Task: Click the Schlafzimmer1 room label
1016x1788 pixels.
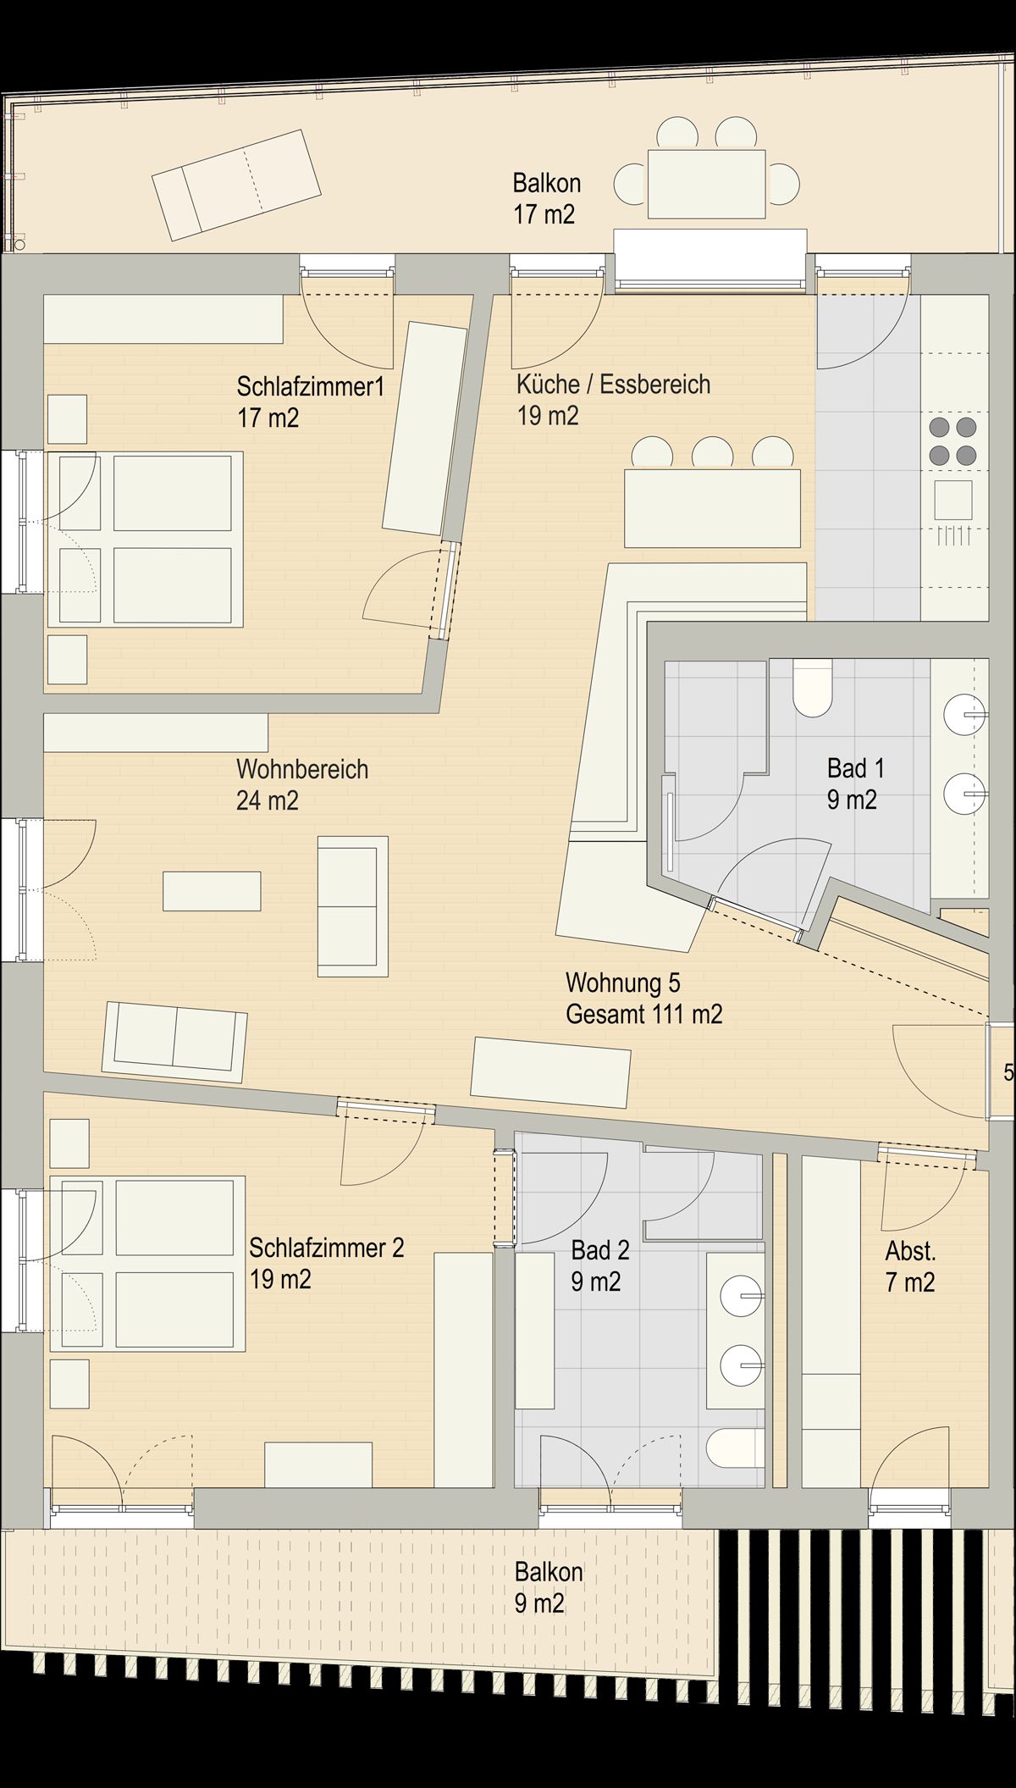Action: (310, 387)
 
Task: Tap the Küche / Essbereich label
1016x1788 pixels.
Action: (613, 385)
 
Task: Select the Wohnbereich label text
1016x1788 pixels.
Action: (302, 769)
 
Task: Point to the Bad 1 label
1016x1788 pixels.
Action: (855, 768)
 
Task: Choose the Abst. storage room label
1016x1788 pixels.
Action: (910, 1250)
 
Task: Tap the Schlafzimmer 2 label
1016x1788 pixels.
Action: (326, 1248)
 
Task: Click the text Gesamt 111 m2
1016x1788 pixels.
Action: (643, 1014)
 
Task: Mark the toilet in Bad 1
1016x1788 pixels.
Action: (814, 688)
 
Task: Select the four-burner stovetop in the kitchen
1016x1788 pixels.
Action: (952, 440)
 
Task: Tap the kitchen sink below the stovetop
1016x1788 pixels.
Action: (953, 500)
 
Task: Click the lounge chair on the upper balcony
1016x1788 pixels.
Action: (237, 184)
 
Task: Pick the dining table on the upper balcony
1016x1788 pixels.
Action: (706, 184)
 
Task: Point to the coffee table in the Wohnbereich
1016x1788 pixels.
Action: (212, 890)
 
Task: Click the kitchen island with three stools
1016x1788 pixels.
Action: (712, 508)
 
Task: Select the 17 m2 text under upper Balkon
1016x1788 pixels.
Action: (544, 214)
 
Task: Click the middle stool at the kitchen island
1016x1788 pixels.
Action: (712, 452)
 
